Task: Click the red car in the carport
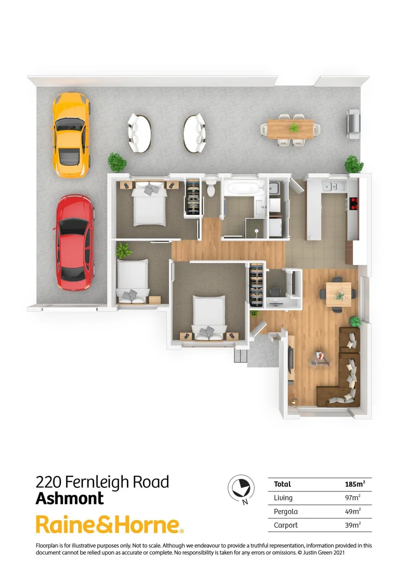coord(75,243)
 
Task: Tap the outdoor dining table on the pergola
coord(291,129)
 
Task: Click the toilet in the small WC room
coord(211,188)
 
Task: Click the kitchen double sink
coord(330,186)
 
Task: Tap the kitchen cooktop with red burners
coord(353,204)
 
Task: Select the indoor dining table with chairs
coord(338,293)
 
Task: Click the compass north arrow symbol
coord(239,487)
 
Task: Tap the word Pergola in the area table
coord(286,511)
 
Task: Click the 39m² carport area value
coord(352,525)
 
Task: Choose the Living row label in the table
coord(283,498)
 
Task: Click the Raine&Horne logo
coord(109,525)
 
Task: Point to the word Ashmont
coord(69,499)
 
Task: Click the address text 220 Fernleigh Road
coord(102,482)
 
